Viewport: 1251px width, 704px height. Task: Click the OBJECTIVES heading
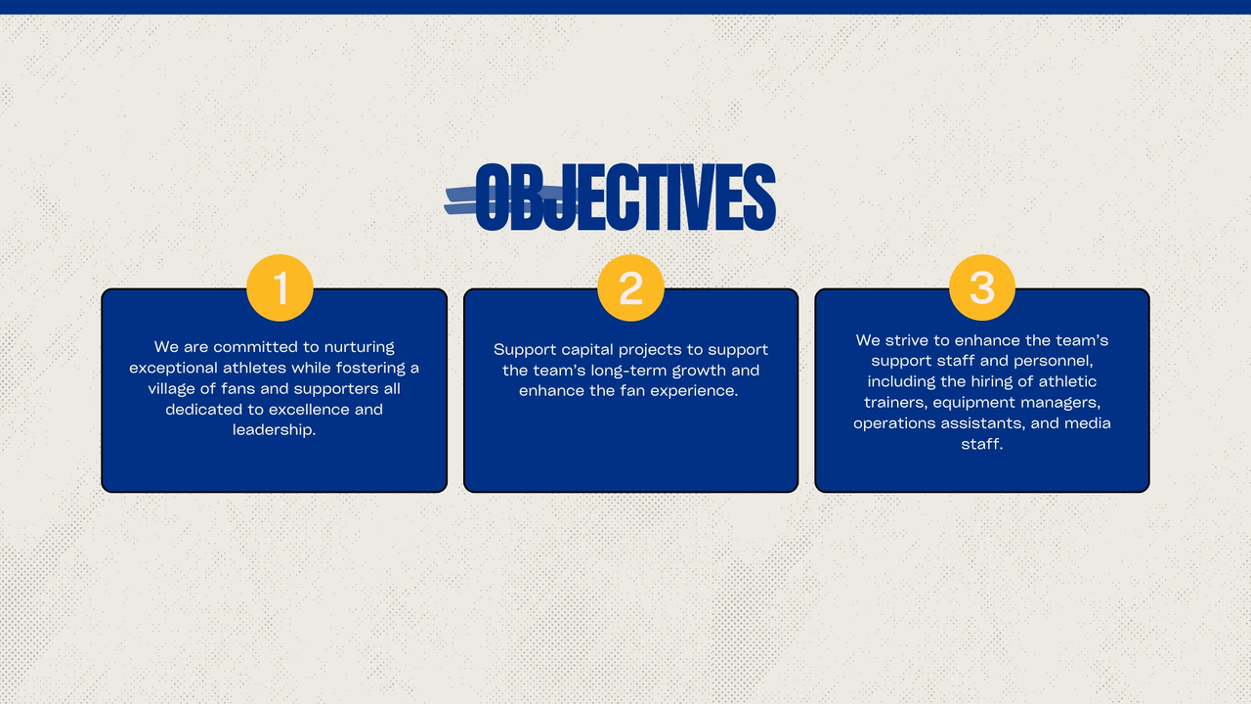pos(625,197)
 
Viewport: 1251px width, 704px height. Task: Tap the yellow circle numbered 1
pos(280,287)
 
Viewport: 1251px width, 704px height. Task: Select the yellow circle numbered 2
pos(630,287)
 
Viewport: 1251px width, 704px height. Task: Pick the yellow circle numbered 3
pos(982,287)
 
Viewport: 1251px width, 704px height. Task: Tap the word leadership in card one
pos(275,429)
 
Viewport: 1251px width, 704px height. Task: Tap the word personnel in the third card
pos(1054,361)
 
